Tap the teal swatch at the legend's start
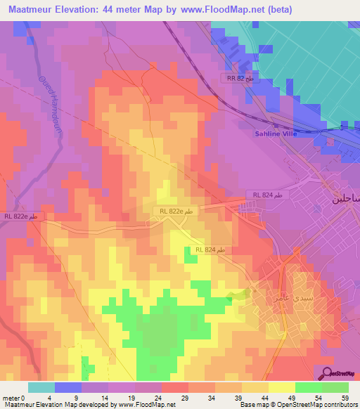tap(41, 387)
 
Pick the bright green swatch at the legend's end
tap(335, 387)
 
